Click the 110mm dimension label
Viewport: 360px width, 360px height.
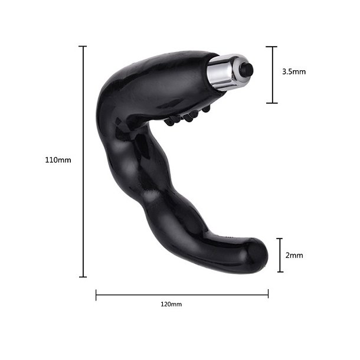58,160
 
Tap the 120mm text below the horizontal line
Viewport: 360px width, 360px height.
171,305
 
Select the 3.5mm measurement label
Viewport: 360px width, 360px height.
294,71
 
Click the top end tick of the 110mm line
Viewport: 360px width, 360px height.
83,46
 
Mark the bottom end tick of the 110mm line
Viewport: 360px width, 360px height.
83,277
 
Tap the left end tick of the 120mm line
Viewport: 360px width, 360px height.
96,294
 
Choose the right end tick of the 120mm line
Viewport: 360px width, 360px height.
268,294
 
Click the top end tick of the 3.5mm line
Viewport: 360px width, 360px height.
271,47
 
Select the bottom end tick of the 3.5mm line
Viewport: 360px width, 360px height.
271,103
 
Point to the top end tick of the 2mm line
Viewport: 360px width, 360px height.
280,239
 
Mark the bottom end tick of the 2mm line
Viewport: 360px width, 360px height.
280,272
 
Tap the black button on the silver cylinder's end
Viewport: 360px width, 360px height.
247,70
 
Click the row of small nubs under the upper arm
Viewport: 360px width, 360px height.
188,116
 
